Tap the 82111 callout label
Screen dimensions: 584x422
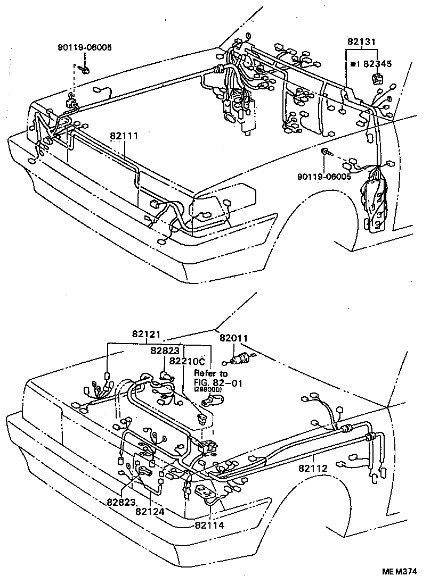pyautogui.click(x=124, y=136)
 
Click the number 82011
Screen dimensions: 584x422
pyautogui.click(x=233, y=338)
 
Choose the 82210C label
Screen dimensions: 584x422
pyautogui.click(x=188, y=362)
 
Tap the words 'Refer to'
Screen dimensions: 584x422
pyautogui.click(x=210, y=373)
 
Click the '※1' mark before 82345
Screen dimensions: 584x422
pyautogui.click(x=355, y=64)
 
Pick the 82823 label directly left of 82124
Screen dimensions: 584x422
pyautogui.click(x=121, y=502)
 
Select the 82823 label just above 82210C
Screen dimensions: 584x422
pyautogui.click(x=165, y=351)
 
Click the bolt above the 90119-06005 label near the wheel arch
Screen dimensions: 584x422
pyautogui.click(x=325, y=153)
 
